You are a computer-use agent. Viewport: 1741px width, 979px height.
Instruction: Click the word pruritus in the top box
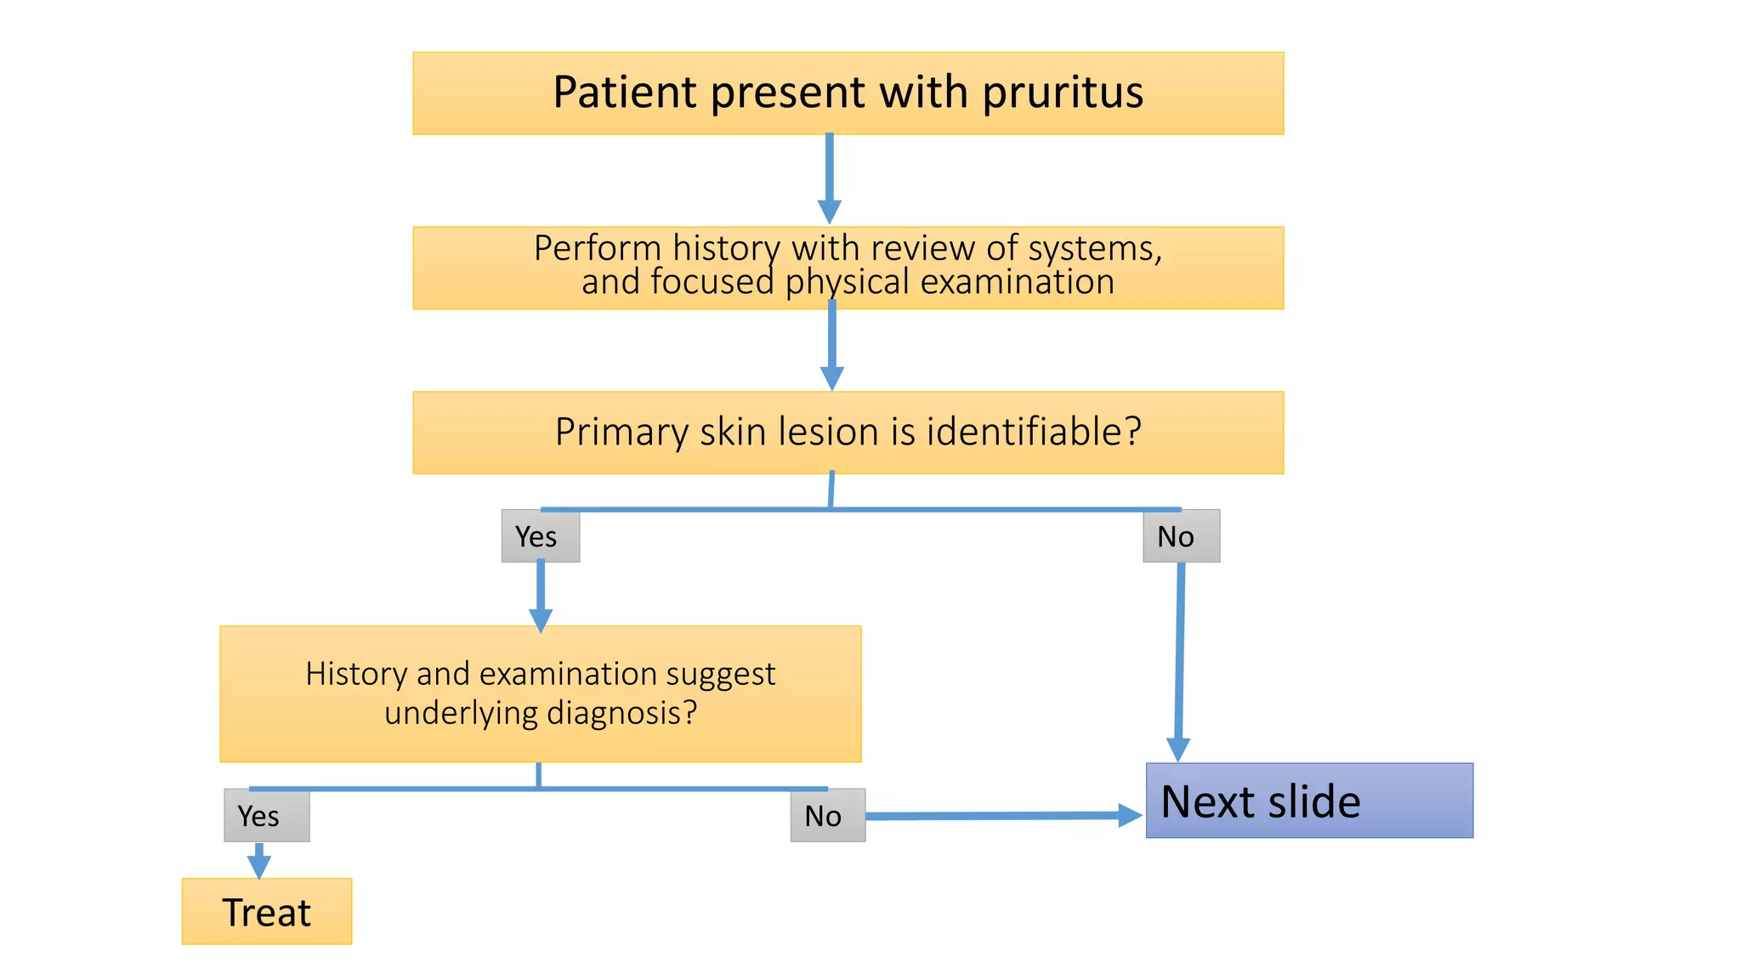(x=1063, y=93)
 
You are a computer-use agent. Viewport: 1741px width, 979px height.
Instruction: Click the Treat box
(x=267, y=912)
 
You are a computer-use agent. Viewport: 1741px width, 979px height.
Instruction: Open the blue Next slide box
(x=1309, y=801)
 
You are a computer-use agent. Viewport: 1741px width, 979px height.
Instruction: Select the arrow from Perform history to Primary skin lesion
(x=831, y=344)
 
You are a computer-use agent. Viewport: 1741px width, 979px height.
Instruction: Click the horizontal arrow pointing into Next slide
(x=1003, y=816)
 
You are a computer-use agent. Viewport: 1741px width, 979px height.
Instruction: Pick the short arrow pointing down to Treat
(x=259, y=860)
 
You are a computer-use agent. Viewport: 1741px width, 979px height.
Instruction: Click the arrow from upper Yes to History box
(x=541, y=595)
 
